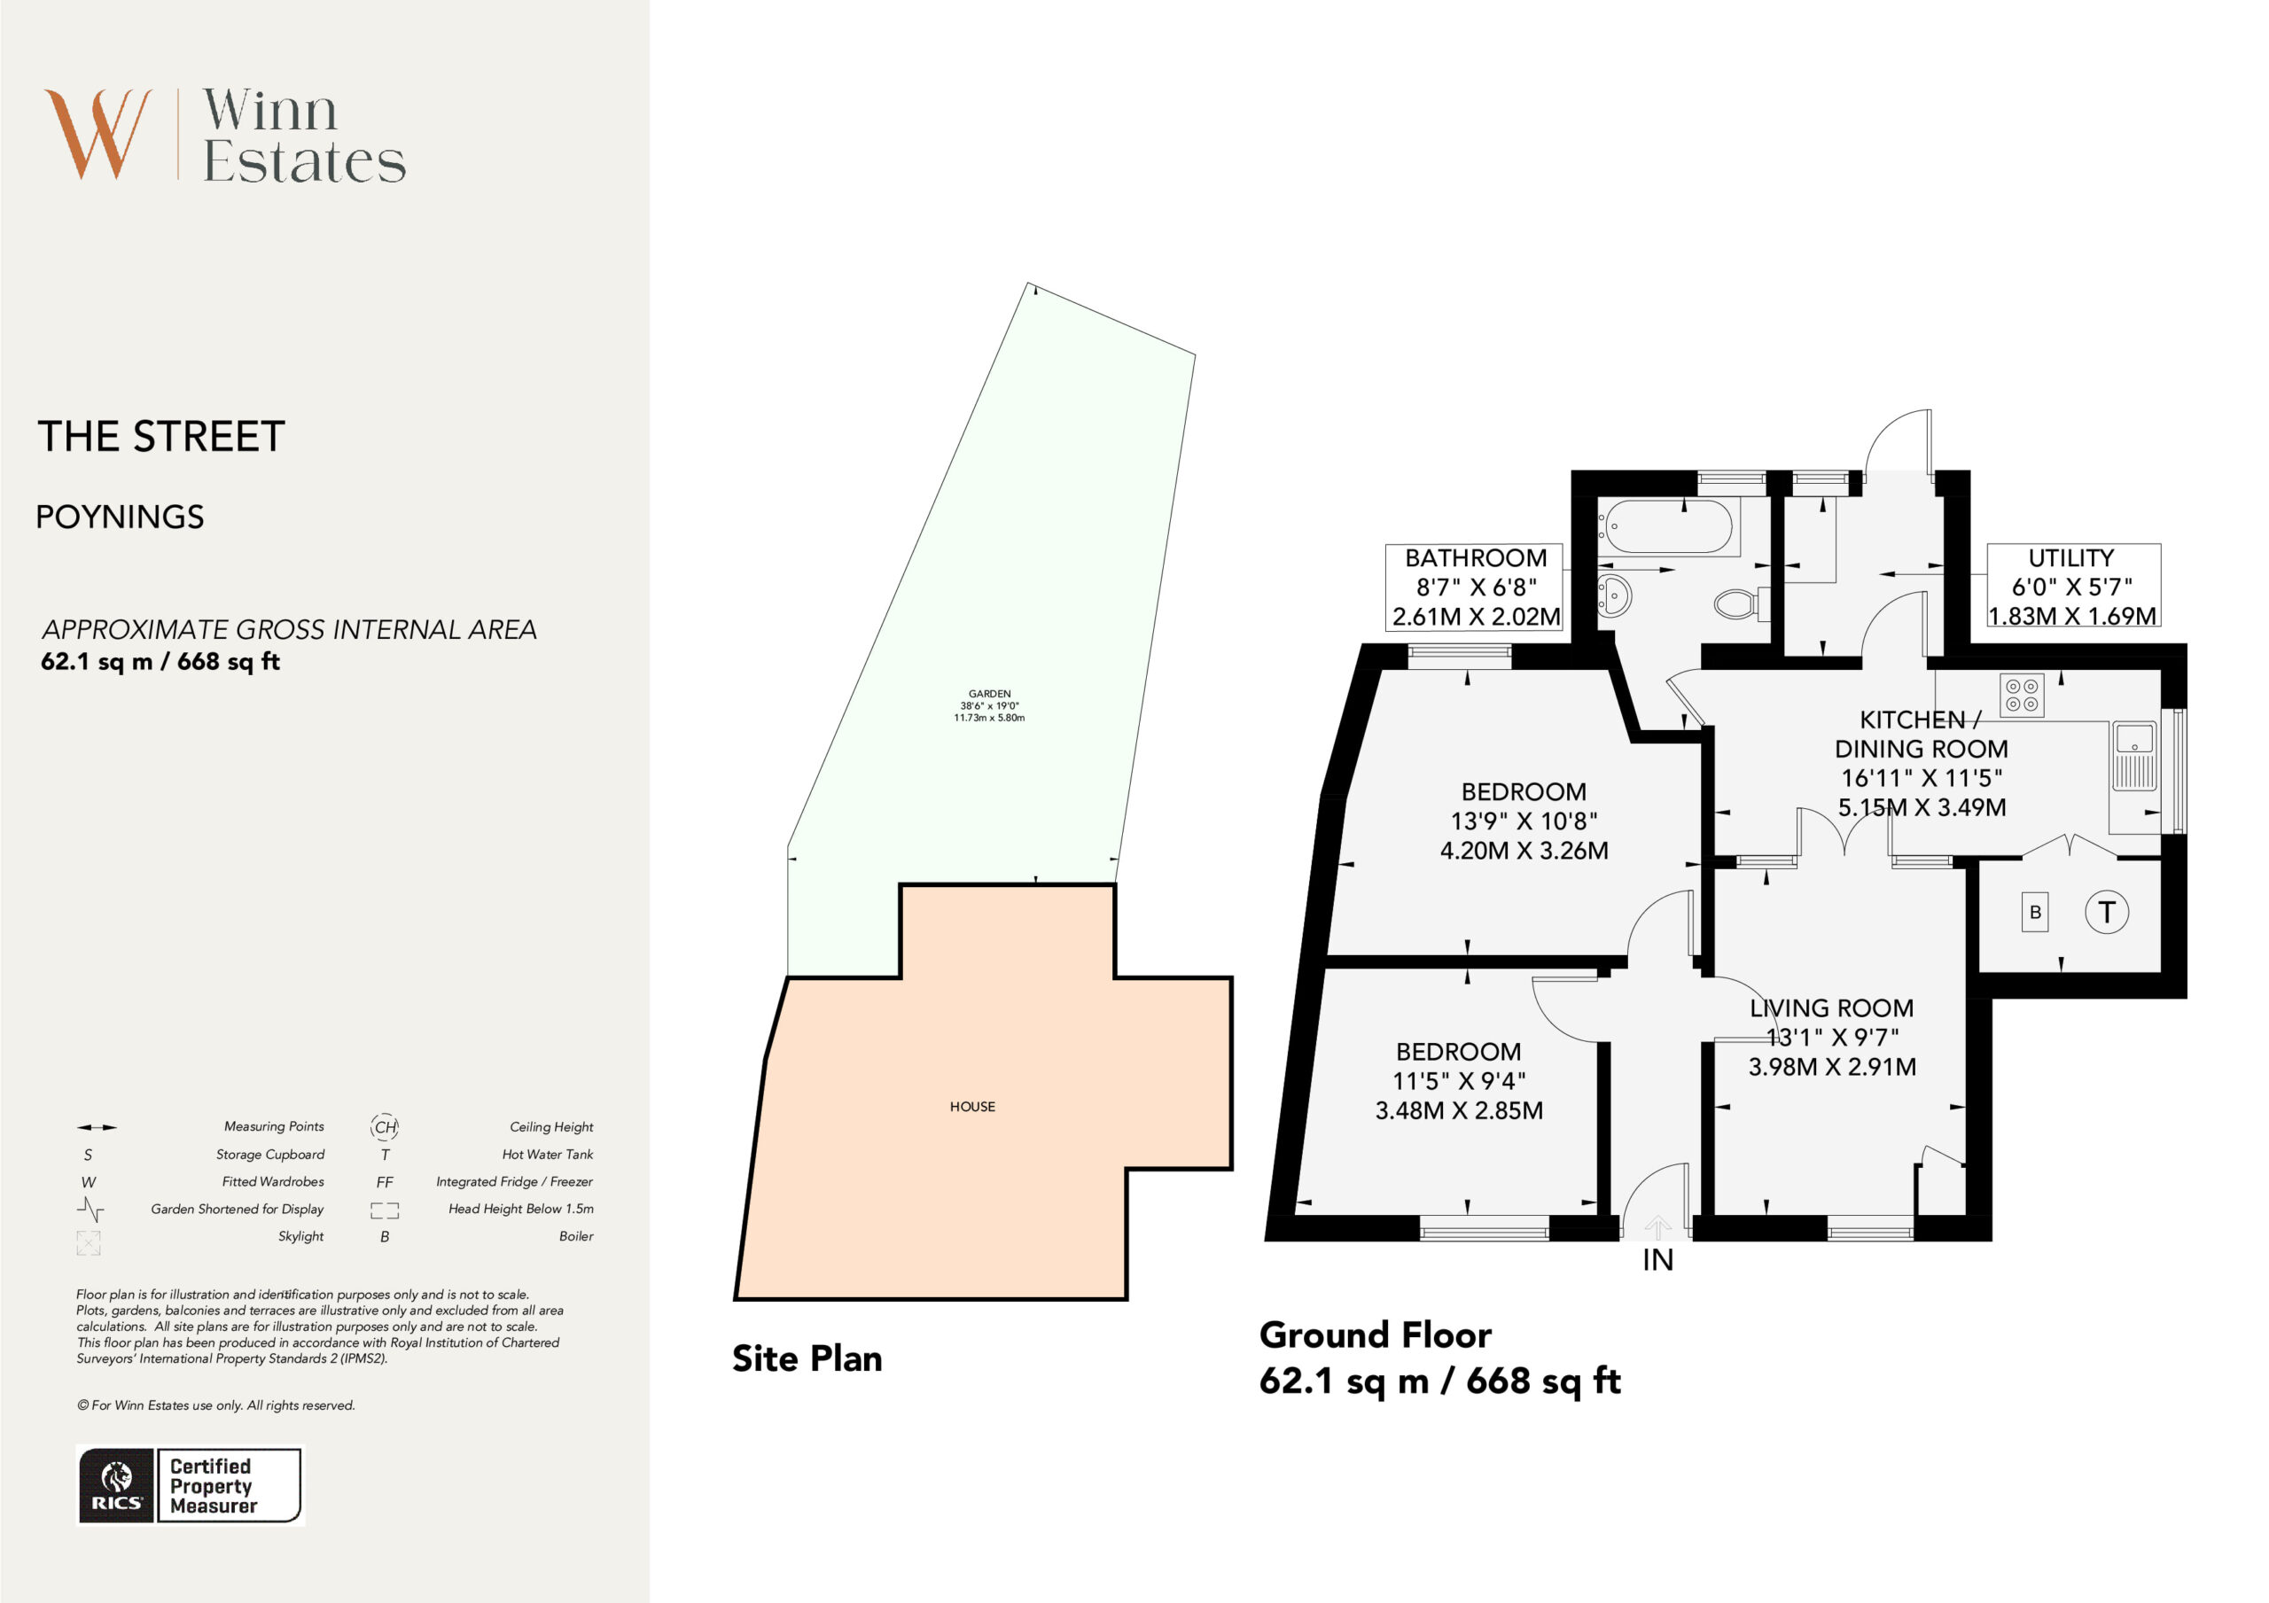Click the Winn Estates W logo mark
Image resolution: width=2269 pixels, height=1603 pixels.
(x=97, y=134)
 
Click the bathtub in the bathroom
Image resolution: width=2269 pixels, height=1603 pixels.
(x=1669, y=526)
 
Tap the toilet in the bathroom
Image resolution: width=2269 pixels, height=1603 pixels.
(x=1743, y=603)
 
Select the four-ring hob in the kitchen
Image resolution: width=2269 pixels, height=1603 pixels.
(x=2022, y=695)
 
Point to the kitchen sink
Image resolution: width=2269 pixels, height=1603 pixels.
(x=2134, y=757)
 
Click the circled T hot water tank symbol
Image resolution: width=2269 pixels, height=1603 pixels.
(x=2107, y=912)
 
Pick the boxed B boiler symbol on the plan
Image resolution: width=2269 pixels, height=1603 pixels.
(x=2035, y=912)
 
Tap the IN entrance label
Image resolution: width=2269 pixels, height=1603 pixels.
(x=1658, y=1260)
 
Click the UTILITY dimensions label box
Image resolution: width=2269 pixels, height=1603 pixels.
(x=2073, y=585)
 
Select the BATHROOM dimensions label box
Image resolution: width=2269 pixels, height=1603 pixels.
(x=1475, y=586)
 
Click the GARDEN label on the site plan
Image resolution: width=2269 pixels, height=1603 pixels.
(x=989, y=694)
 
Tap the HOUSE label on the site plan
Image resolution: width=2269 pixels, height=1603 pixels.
(x=972, y=1107)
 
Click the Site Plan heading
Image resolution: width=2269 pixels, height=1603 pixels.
(x=807, y=1359)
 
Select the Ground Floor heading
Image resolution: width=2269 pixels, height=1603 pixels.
(x=1375, y=1335)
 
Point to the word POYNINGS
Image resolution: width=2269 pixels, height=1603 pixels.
(x=121, y=517)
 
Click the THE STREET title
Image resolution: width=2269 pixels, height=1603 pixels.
(x=161, y=437)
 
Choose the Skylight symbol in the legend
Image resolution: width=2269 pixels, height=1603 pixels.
(x=89, y=1242)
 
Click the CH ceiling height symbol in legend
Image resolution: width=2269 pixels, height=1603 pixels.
(x=385, y=1126)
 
